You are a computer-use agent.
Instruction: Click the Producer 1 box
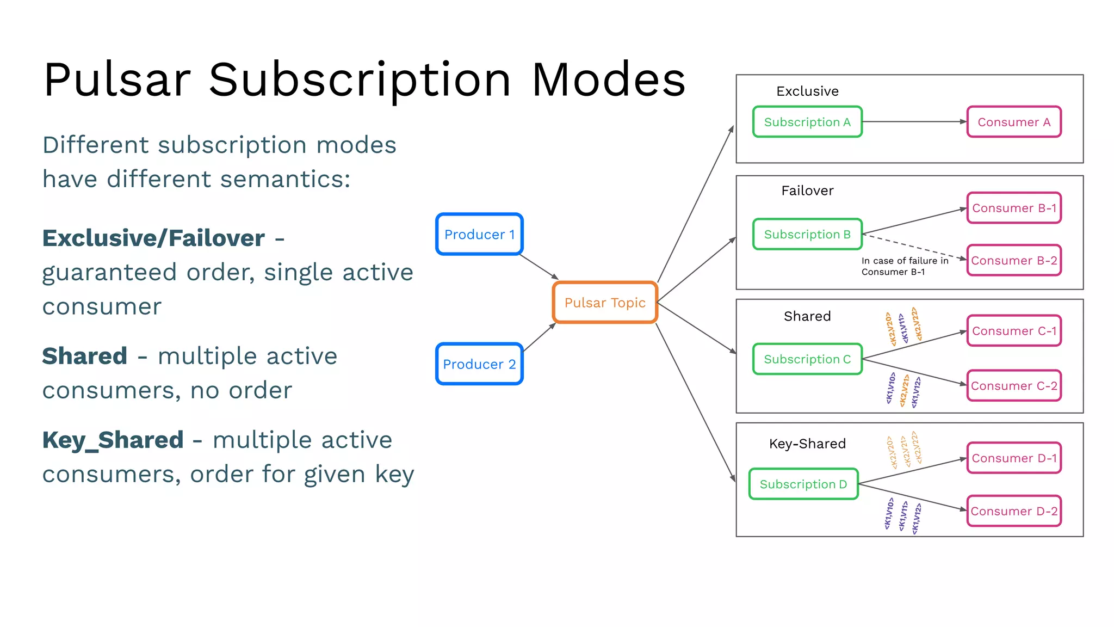click(479, 234)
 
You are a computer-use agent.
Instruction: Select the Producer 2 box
click(479, 364)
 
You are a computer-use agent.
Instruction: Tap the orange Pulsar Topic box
click(605, 303)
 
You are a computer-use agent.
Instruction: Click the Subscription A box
click(807, 122)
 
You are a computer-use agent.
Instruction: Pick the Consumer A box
click(1014, 122)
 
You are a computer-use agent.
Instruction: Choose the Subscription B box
click(807, 234)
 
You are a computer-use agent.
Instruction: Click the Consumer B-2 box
click(1014, 260)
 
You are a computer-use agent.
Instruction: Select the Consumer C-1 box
click(1014, 331)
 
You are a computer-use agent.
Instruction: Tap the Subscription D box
click(803, 484)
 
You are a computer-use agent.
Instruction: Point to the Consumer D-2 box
click(1014, 511)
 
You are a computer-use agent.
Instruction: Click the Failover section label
click(807, 190)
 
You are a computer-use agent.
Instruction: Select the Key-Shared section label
click(807, 444)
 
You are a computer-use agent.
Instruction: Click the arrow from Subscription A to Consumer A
click(914, 122)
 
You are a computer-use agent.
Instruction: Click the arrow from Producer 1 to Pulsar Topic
click(539, 267)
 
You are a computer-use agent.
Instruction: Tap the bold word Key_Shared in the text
click(113, 440)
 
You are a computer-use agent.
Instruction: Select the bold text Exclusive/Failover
click(153, 238)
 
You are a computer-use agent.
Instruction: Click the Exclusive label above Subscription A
click(807, 91)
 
